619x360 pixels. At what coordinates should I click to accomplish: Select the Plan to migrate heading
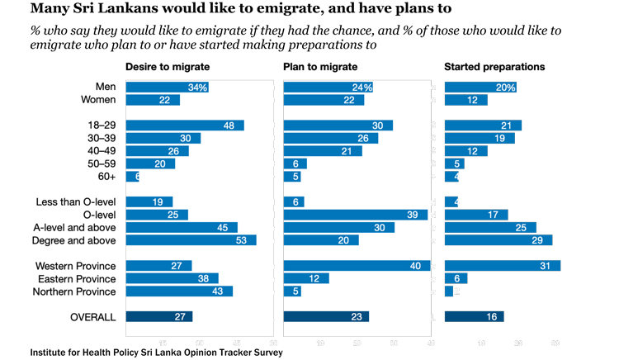click(x=320, y=66)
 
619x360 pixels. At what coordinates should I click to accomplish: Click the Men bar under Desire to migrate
click(x=167, y=88)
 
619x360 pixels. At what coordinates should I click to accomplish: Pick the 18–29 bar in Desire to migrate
click(x=185, y=126)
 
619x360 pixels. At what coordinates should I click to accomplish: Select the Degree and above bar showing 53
click(x=191, y=240)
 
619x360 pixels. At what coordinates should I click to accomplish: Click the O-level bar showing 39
click(x=356, y=215)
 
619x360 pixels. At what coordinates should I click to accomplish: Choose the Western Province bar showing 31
click(x=502, y=266)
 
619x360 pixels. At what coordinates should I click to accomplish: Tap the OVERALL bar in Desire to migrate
click(x=159, y=316)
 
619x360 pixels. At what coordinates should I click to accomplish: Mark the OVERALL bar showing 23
click(x=326, y=316)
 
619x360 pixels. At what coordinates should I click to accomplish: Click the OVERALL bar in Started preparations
click(x=474, y=316)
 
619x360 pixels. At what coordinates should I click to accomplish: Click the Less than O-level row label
click(x=76, y=201)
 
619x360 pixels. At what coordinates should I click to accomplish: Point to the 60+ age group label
click(x=106, y=177)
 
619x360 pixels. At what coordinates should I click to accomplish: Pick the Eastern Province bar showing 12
click(x=306, y=278)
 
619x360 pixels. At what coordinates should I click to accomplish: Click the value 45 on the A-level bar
click(x=221, y=227)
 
